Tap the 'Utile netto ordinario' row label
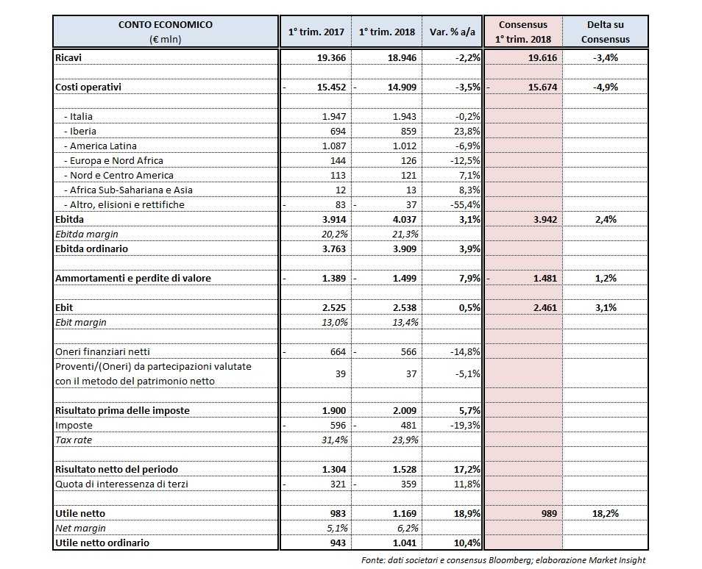[102, 543]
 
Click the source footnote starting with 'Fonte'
[503, 559]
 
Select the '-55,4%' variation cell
[464, 204]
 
